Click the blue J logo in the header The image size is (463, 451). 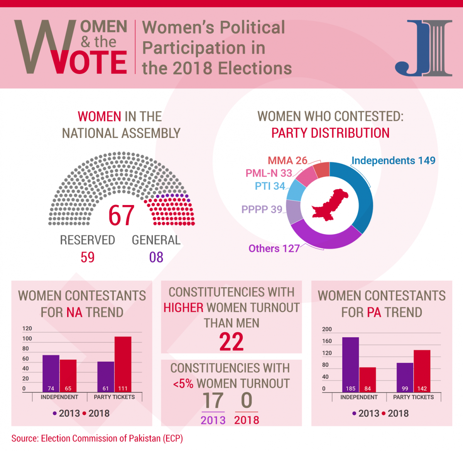pyautogui.click(x=424, y=48)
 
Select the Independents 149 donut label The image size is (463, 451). pyautogui.click(x=393, y=160)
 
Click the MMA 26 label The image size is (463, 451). pyautogui.click(x=287, y=160)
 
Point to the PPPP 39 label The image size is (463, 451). pyautogui.click(x=262, y=209)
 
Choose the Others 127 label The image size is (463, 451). pyautogui.click(x=274, y=249)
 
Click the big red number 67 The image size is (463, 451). pyautogui.click(x=121, y=215)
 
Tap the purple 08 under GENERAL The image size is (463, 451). pyautogui.click(x=156, y=257)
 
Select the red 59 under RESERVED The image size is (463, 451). pyautogui.click(x=88, y=257)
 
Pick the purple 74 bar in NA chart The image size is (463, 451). pyautogui.click(x=51, y=372)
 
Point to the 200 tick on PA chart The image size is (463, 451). pyautogui.click(x=327, y=329)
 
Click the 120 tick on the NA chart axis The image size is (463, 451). pyautogui.click(x=27, y=328)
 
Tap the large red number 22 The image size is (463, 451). pyautogui.click(x=231, y=342)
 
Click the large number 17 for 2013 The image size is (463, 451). pyautogui.click(x=213, y=401)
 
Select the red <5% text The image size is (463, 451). pyautogui.click(x=183, y=384)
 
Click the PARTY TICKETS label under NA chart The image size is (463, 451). pyautogui.click(x=114, y=397)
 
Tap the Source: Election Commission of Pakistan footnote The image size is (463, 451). pyautogui.click(x=97, y=438)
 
